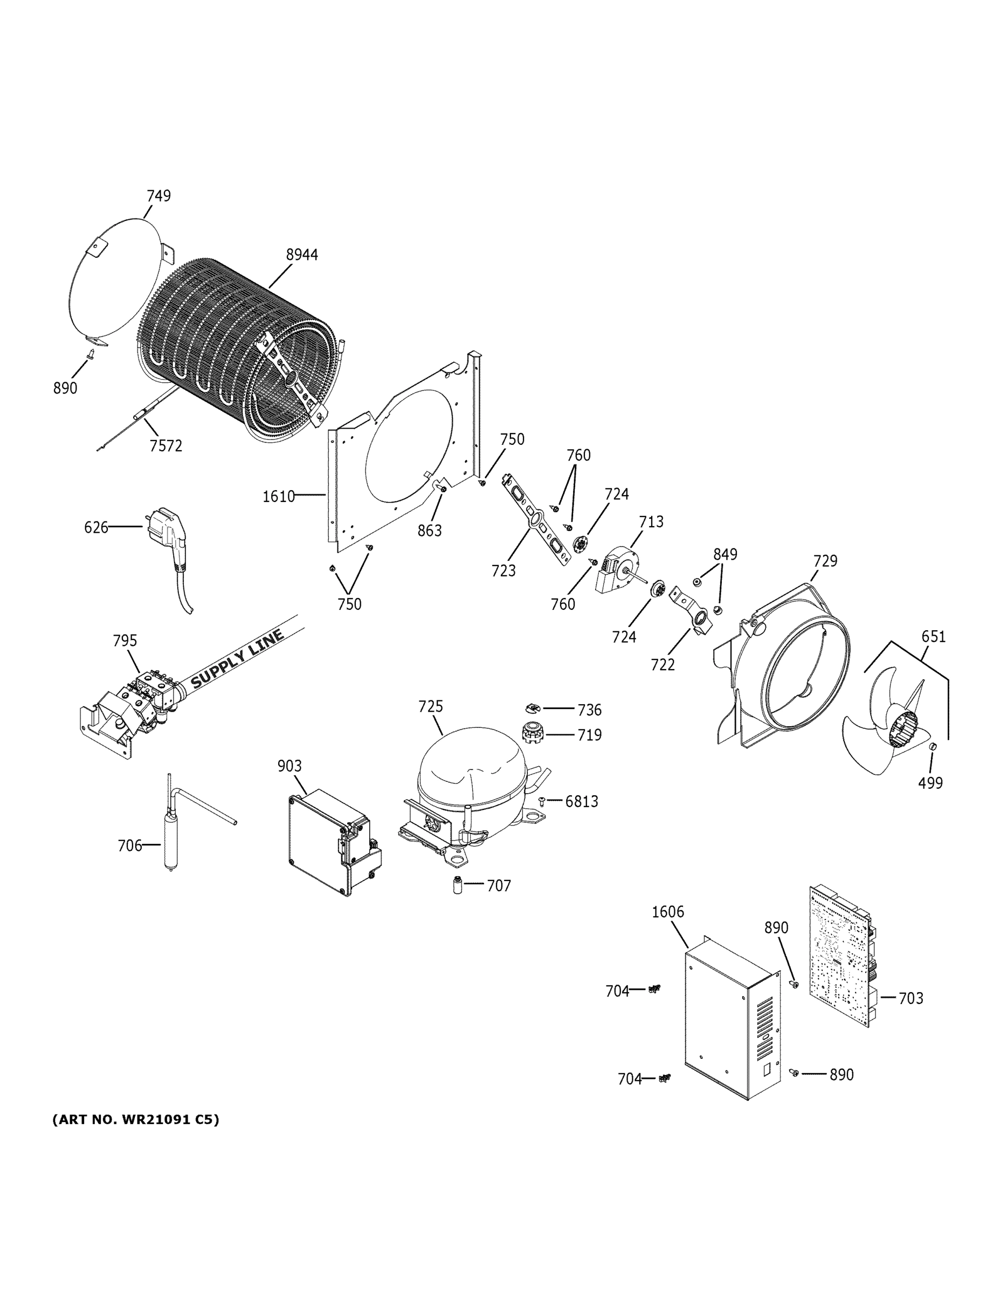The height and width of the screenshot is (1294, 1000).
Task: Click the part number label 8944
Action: pyautogui.click(x=301, y=255)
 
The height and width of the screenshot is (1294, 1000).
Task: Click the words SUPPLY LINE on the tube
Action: pyautogui.click(x=238, y=658)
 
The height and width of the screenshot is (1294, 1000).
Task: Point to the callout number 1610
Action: pyautogui.click(x=278, y=497)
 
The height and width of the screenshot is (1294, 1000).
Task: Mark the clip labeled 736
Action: pyautogui.click(x=533, y=708)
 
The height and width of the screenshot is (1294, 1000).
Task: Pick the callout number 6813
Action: pyautogui.click(x=581, y=802)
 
